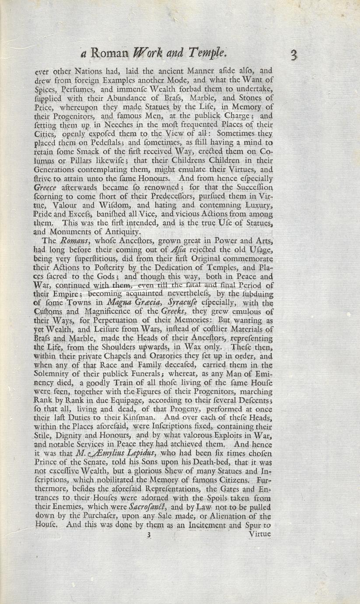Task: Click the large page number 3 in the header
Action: [x=293, y=55]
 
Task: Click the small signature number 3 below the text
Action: [x=149, y=534]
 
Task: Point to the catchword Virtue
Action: [x=259, y=534]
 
